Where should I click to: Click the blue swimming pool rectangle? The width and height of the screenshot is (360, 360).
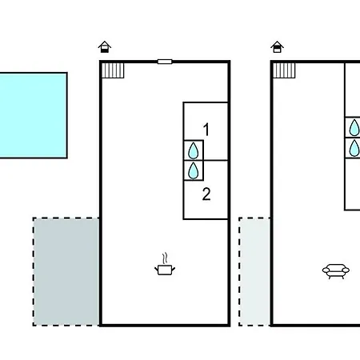[33, 115]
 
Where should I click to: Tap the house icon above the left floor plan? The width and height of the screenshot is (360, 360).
[105, 47]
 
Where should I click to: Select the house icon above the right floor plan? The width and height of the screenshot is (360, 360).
[277, 47]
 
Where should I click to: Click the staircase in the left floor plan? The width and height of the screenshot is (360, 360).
[113, 70]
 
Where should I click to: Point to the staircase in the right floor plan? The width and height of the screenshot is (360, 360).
[284, 70]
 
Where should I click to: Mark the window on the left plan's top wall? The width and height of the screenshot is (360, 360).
[165, 62]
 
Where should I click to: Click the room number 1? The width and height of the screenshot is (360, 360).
[206, 130]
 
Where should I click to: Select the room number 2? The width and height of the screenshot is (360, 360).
[206, 194]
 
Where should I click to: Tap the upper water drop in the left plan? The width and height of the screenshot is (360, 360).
[194, 150]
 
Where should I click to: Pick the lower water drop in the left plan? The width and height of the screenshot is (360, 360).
[194, 170]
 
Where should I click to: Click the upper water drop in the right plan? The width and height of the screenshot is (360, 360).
[354, 127]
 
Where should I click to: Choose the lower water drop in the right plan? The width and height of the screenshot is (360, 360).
[354, 148]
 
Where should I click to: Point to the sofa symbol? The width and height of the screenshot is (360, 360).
[336, 271]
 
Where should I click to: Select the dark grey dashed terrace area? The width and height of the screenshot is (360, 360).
[66, 272]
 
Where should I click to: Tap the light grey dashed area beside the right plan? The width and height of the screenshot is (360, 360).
[254, 272]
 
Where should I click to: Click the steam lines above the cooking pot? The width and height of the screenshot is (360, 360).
[166, 258]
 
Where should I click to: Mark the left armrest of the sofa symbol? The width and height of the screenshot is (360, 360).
[326, 270]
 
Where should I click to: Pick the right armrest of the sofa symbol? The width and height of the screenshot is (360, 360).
[346, 270]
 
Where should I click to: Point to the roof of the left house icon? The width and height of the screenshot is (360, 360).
[105, 44]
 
